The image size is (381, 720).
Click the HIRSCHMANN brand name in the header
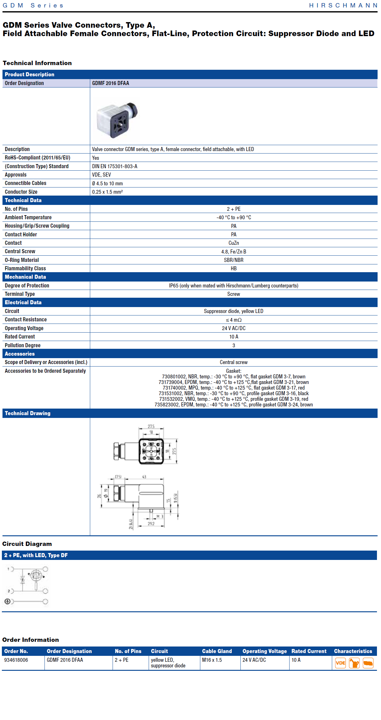click(343, 6)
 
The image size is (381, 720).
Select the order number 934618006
click(16, 660)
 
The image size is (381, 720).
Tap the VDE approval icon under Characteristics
click(340, 663)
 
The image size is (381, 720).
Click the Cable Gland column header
click(217, 651)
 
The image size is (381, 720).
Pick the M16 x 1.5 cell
click(212, 660)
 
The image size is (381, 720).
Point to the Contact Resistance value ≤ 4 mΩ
click(234, 320)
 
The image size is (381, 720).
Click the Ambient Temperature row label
click(28, 217)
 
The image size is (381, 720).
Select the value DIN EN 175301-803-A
click(115, 166)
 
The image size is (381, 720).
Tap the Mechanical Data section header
click(26, 277)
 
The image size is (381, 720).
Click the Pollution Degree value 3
click(234, 345)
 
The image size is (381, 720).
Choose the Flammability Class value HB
click(234, 268)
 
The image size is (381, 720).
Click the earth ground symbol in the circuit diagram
click(7, 601)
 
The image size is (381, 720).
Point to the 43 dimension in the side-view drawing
click(144, 477)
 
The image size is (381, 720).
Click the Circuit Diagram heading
click(27, 544)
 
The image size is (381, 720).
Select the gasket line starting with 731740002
click(234, 388)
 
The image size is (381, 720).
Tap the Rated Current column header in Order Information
click(309, 651)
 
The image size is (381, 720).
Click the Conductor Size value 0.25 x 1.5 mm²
click(107, 192)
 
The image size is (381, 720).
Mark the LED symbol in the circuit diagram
click(36, 575)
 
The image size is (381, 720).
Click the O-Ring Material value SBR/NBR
click(234, 260)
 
